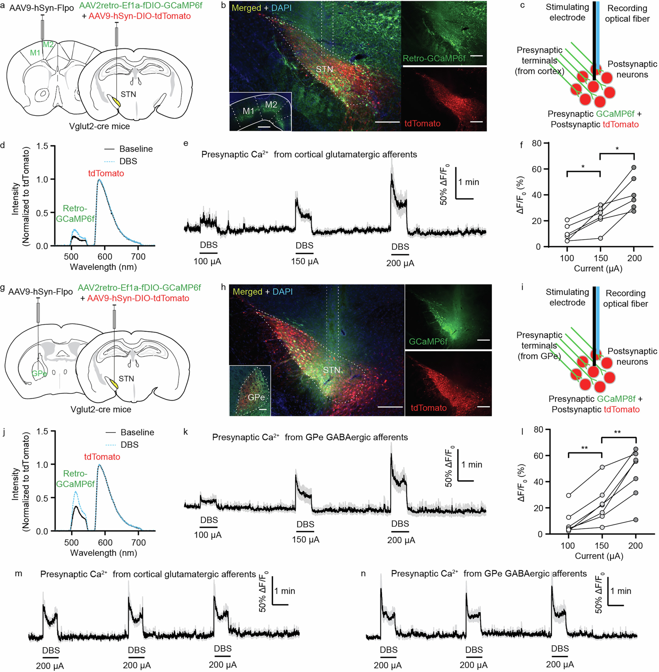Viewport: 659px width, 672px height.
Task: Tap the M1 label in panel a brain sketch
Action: coord(35,53)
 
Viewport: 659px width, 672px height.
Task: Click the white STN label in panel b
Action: coord(324,69)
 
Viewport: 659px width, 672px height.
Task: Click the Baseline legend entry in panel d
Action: coord(136,149)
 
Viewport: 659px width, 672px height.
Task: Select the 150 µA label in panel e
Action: coord(305,262)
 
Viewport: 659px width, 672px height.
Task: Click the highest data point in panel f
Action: coord(634,167)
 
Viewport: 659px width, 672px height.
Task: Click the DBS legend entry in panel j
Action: coord(129,445)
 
